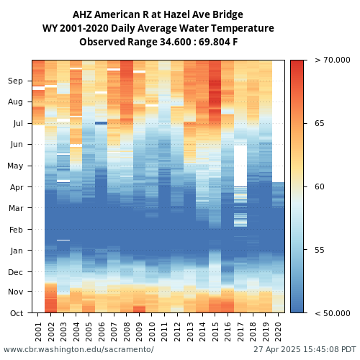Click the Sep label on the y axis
tap(15, 81)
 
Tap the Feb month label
tap(16, 230)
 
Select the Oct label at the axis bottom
tap(17, 313)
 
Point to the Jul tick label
tap(18, 123)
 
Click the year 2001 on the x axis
tap(38, 332)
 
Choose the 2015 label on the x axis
tap(215, 332)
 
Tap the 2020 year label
tap(279, 332)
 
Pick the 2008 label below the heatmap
tap(127, 332)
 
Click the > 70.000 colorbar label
tap(333, 60)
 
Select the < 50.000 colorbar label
tap(333, 313)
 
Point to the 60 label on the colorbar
tap(320, 186)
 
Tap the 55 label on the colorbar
tap(320, 250)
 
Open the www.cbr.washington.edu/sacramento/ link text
tap(78, 349)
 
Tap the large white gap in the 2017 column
tap(240, 166)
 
